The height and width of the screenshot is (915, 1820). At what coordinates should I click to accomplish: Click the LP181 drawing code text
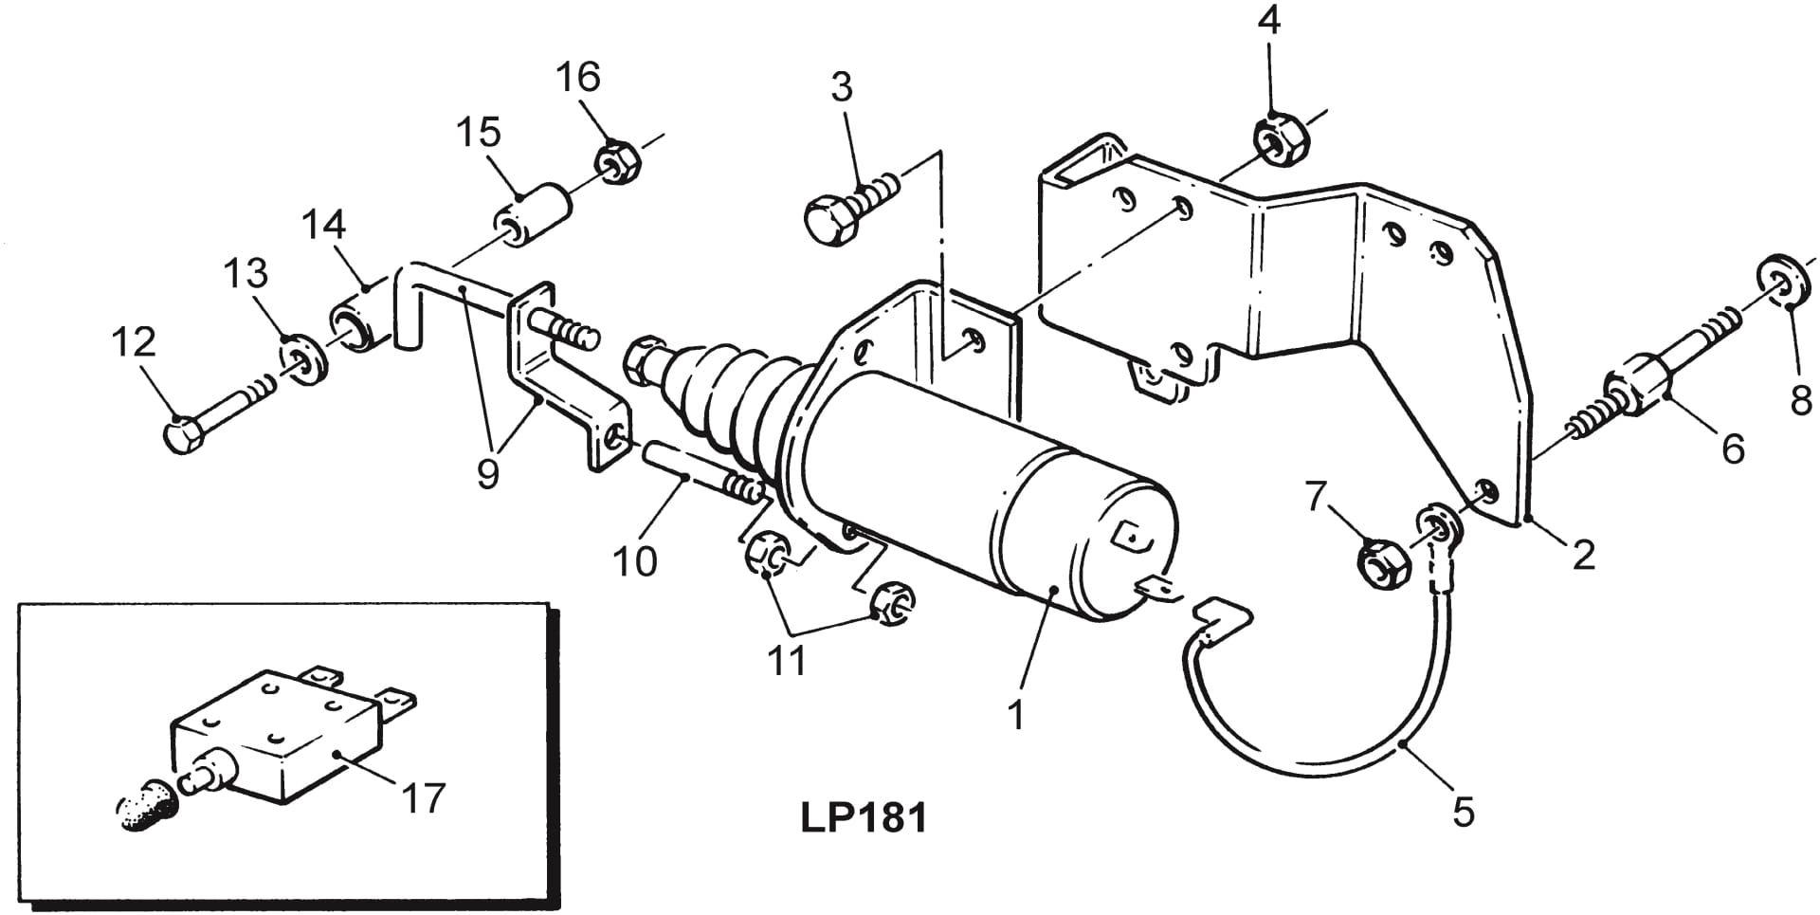point(863,816)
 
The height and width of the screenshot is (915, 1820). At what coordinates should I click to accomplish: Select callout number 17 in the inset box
point(423,797)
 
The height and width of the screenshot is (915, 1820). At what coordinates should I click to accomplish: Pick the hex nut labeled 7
point(1380,563)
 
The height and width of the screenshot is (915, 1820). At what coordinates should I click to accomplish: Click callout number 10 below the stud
point(634,561)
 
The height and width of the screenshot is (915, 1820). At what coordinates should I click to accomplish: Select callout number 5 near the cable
point(1464,813)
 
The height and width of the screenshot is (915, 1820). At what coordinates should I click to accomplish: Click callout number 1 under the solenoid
point(1016,714)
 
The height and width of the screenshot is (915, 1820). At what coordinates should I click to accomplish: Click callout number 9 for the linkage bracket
point(487,471)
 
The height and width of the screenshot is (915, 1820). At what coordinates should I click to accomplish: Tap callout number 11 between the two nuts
point(787,660)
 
